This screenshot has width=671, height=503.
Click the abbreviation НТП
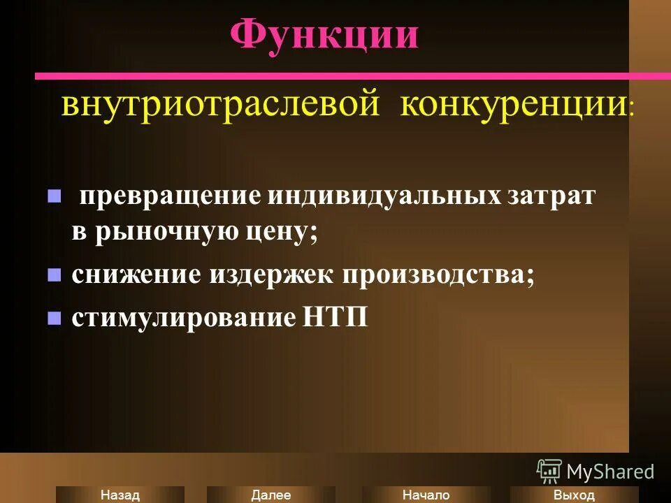tap(335, 318)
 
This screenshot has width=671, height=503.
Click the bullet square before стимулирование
tap(54, 318)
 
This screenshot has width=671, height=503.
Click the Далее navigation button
tap(271, 495)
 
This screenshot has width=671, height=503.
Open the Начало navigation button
tap(426, 495)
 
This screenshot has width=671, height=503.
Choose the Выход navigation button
tap(573, 495)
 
